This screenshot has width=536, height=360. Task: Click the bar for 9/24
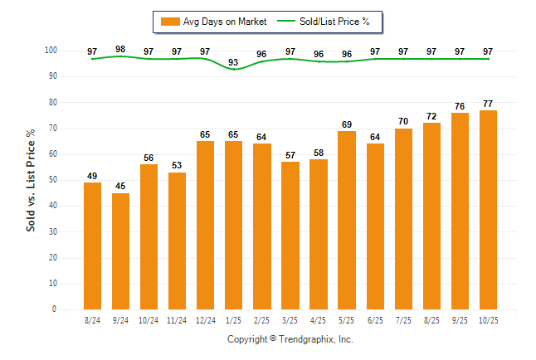click(120, 251)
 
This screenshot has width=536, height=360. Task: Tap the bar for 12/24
click(205, 225)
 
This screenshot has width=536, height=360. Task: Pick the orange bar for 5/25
click(346, 220)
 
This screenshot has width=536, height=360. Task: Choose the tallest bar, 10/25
click(487, 209)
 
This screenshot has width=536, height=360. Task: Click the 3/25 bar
click(290, 236)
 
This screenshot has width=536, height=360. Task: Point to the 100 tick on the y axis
click(51, 51)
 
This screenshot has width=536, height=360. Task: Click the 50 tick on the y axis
click(52, 180)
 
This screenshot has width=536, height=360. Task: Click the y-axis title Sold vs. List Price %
click(31, 180)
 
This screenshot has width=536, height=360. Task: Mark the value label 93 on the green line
click(233, 62)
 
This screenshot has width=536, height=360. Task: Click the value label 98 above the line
click(120, 50)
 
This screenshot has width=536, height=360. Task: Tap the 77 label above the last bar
click(487, 104)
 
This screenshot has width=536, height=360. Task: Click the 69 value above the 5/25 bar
click(346, 124)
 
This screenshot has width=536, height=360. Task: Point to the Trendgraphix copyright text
click(290, 339)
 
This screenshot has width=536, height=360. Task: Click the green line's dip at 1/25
click(233, 70)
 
